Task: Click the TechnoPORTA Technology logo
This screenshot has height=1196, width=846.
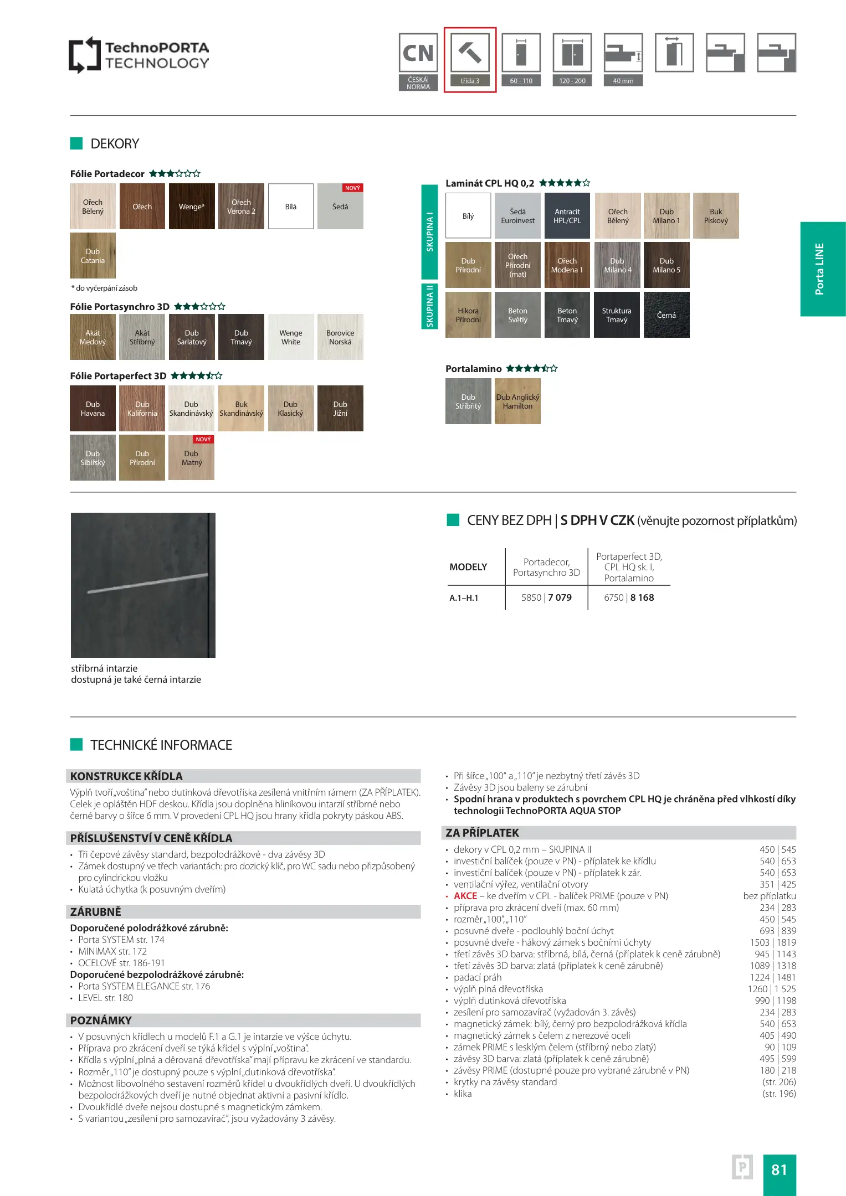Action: point(139,55)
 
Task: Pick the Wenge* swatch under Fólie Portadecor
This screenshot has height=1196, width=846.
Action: point(192,207)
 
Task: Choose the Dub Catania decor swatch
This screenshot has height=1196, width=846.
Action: point(93,256)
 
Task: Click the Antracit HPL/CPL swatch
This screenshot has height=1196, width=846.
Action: point(567,216)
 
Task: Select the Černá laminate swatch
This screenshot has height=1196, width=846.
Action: point(666,315)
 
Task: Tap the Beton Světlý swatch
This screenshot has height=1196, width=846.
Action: point(517,315)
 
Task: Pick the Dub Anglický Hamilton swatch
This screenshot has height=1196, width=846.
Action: point(517,401)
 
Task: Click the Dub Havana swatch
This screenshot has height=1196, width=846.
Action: point(93,409)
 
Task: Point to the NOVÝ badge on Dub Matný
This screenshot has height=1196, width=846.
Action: point(203,440)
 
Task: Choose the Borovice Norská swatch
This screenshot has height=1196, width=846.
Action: point(340,337)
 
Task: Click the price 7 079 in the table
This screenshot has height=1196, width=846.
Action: point(560,597)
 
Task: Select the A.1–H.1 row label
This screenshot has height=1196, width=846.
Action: point(464,598)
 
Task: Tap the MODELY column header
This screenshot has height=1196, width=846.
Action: point(468,567)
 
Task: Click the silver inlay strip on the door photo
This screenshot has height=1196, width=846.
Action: point(147,583)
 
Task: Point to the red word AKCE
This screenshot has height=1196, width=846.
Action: point(465,896)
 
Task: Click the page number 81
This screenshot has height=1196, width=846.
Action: point(779,1169)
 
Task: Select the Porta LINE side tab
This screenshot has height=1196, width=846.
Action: point(822,269)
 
